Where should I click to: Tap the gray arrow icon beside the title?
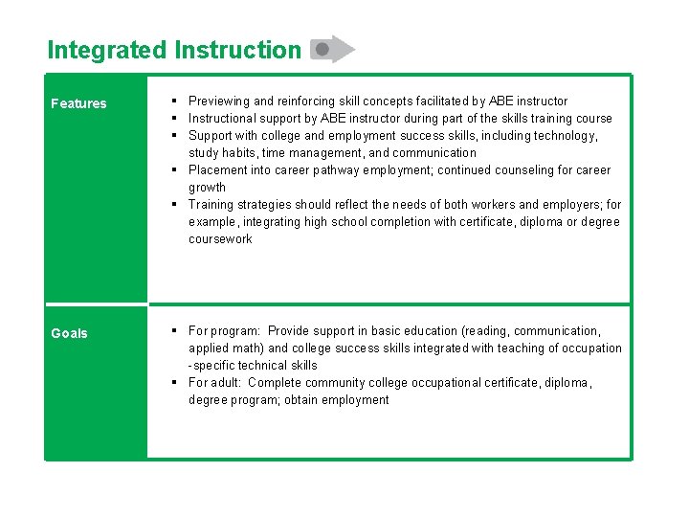tap(332, 49)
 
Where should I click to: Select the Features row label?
tap(78, 103)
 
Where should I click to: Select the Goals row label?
tap(69, 333)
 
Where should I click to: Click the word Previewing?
tap(219, 101)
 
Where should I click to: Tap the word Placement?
tap(219, 169)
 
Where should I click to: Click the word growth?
tap(207, 187)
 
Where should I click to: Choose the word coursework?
tap(220, 238)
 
